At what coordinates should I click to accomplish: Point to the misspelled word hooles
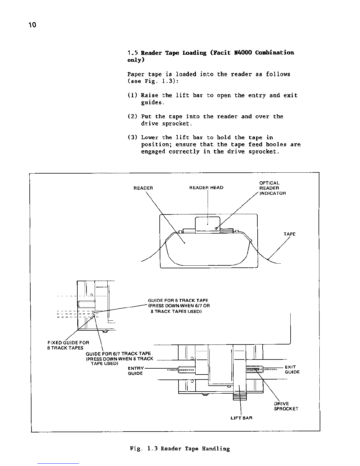(276, 145)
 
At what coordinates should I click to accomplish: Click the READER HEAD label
(206, 188)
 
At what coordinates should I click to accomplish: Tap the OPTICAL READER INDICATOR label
(272, 188)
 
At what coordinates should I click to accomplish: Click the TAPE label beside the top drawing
(289, 234)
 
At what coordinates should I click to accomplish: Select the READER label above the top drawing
(143, 188)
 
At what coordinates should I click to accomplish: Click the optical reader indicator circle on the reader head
(216, 228)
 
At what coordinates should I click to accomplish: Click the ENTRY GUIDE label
(136, 371)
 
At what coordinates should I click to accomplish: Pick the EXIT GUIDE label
(292, 370)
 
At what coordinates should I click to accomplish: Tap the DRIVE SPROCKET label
(286, 406)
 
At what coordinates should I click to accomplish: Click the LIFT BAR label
(241, 418)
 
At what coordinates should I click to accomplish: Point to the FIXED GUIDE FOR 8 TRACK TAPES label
(68, 345)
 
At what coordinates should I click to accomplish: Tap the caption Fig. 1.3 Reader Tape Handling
(180, 449)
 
